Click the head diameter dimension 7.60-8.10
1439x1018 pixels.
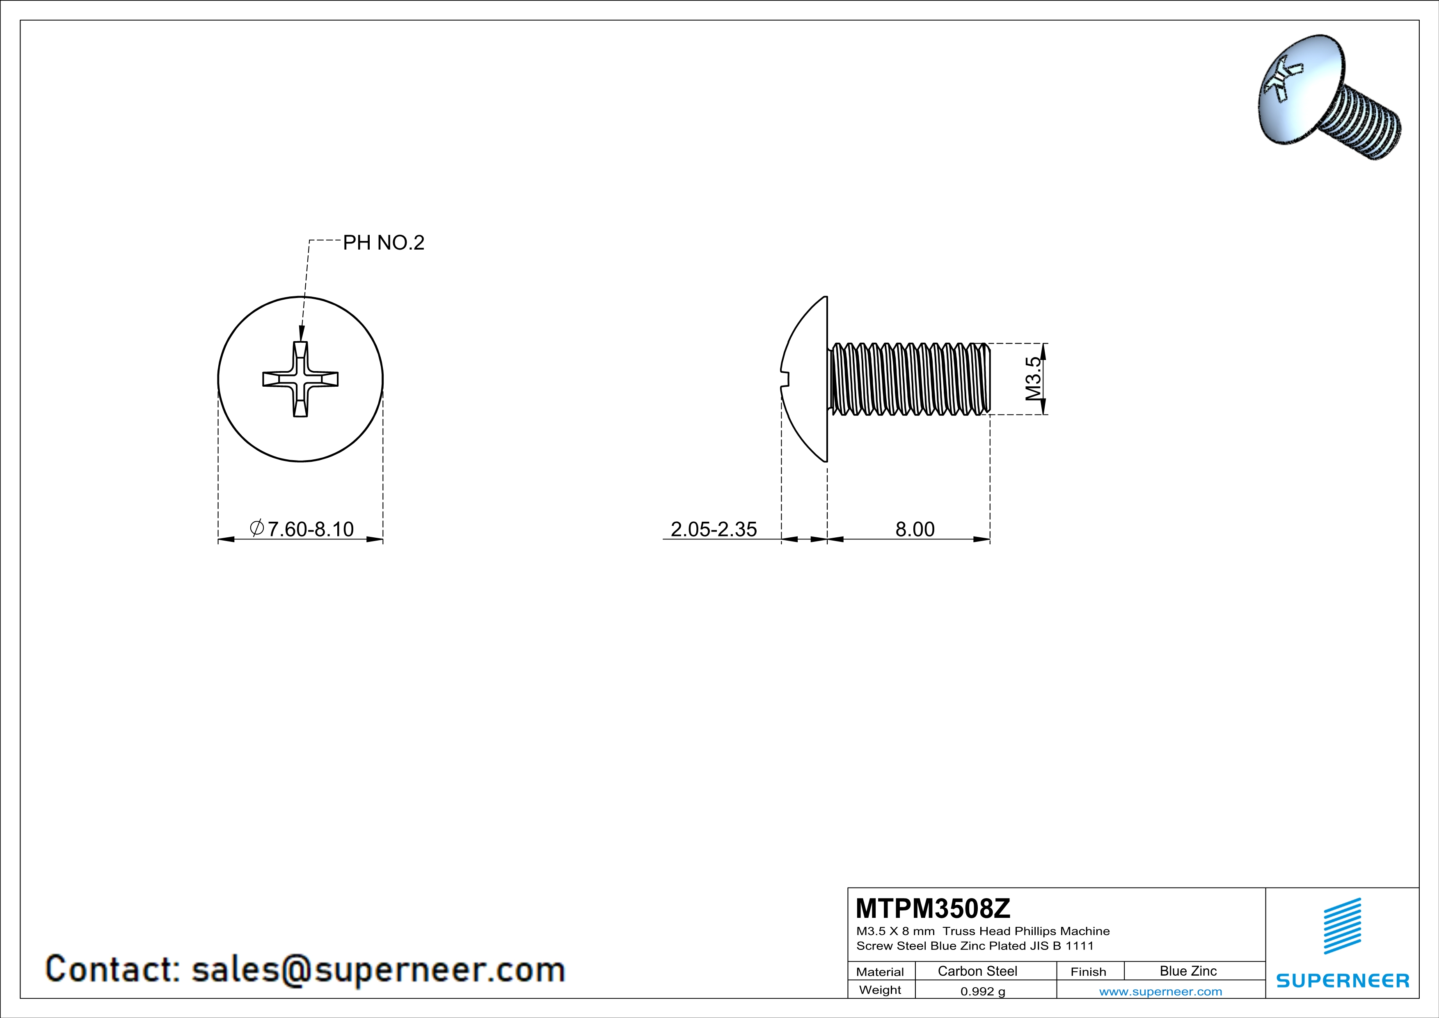click(x=310, y=529)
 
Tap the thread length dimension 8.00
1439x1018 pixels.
click(x=915, y=529)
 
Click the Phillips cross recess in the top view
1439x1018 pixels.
click(x=300, y=379)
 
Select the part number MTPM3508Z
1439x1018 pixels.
click(x=933, y=908)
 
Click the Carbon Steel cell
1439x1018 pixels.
click(x=977, y=971)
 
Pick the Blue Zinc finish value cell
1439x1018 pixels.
click(x=1187, y=971)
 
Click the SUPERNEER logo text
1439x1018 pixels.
click(x=1343, y=980)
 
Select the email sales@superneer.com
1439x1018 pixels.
click(x=378, y=969)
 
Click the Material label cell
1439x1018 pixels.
click(x=880, y=972)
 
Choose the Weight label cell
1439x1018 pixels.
click(x=880, y=990)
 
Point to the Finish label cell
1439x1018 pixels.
click(x=1088, y=972)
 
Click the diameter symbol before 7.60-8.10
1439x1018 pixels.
click(x=256, y=528)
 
